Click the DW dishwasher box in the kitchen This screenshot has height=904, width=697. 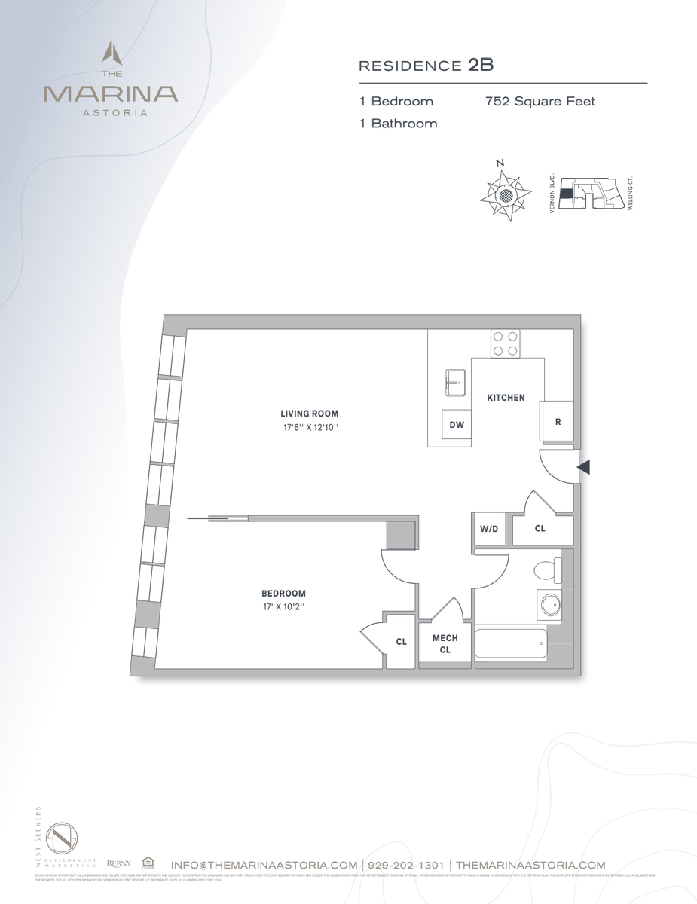(457, 424)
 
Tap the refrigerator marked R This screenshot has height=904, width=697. (558, 422)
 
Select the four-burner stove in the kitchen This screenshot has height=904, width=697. (505, 344)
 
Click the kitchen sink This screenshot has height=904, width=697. (456, 382)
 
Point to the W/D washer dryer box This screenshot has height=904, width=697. (489, 529)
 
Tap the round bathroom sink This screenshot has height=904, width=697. (549, 605)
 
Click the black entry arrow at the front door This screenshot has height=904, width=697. (583, 468)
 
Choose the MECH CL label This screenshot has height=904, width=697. (445, 643)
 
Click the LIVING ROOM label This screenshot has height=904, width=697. (309, 414)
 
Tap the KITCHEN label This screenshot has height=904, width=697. (506, 398)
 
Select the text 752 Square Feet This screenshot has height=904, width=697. (540, 101)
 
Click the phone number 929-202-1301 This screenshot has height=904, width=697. (405, 865)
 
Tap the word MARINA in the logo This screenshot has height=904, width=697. (111, 94)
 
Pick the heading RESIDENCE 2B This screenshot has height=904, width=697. (426, 65)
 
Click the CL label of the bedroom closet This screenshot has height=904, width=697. (402, 642)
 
